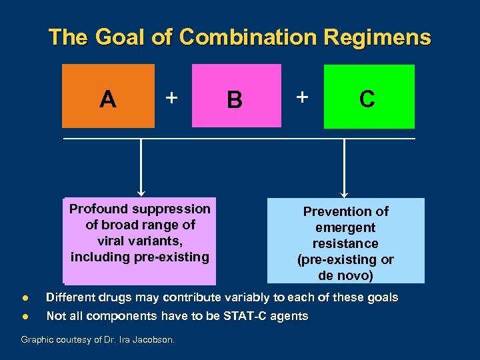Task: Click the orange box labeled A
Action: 108,96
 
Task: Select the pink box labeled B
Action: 236,96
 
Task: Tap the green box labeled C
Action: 369,96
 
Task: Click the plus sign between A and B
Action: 171,98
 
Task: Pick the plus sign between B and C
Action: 303,97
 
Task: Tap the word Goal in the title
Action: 116,37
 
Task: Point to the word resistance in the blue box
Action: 345,243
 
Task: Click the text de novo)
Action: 345,275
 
